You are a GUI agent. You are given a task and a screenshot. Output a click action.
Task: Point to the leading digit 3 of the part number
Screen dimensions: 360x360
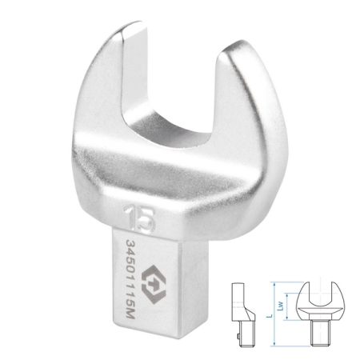(130, 237)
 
